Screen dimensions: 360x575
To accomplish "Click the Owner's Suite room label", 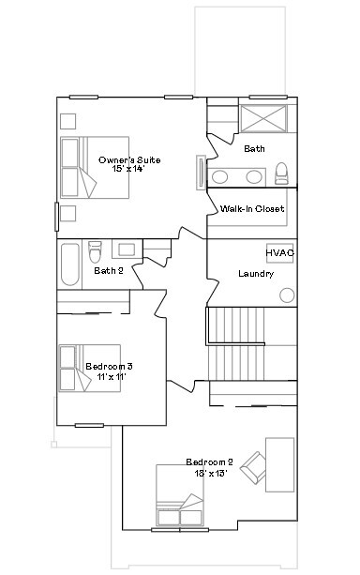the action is point(129,159).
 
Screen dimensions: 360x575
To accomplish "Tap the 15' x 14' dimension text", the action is point(129,168).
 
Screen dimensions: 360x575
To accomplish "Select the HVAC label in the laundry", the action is point(279,253).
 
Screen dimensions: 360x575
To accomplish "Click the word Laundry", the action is point(256,274).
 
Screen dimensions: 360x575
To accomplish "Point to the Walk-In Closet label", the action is point(252,208).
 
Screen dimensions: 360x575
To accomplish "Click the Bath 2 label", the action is point(109,271).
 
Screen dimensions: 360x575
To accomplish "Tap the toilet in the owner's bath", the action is point(281,174).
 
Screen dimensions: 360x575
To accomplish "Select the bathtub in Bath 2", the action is point(70,264).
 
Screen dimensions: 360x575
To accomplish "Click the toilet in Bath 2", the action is point(95,251).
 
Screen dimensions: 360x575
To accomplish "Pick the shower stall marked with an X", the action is point(263,118).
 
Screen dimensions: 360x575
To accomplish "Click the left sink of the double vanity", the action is point(219,176).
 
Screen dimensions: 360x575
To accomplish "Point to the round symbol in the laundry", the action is point(287,295).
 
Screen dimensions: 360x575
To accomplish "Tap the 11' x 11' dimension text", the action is point(112,376).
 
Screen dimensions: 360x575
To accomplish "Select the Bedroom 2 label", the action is point(209,462).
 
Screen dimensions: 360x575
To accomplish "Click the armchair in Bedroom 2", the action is point(253,467).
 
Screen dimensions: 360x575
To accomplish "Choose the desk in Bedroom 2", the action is point(279,464).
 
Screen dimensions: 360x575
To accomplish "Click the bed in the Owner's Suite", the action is point(95,168).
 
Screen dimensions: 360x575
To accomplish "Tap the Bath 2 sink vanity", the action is point(127,250).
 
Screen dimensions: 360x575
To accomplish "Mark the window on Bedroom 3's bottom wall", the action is point(89,425).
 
